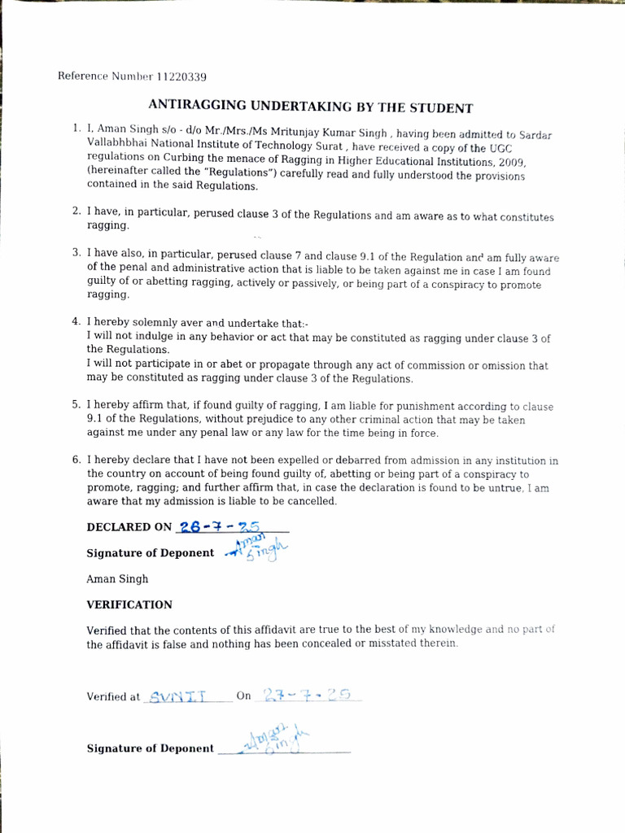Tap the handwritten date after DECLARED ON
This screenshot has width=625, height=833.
click(217, 526)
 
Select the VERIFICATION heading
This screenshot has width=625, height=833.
click(129, 604)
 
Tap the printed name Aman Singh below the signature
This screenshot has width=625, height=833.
click(117, 579)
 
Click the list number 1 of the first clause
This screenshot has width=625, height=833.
click(75, 129)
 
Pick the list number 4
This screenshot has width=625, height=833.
click(75, 321)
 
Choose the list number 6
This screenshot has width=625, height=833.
click(75, 460)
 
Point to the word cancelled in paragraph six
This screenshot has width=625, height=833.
click(310, 501)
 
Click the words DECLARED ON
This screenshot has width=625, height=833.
click(129, 527)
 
